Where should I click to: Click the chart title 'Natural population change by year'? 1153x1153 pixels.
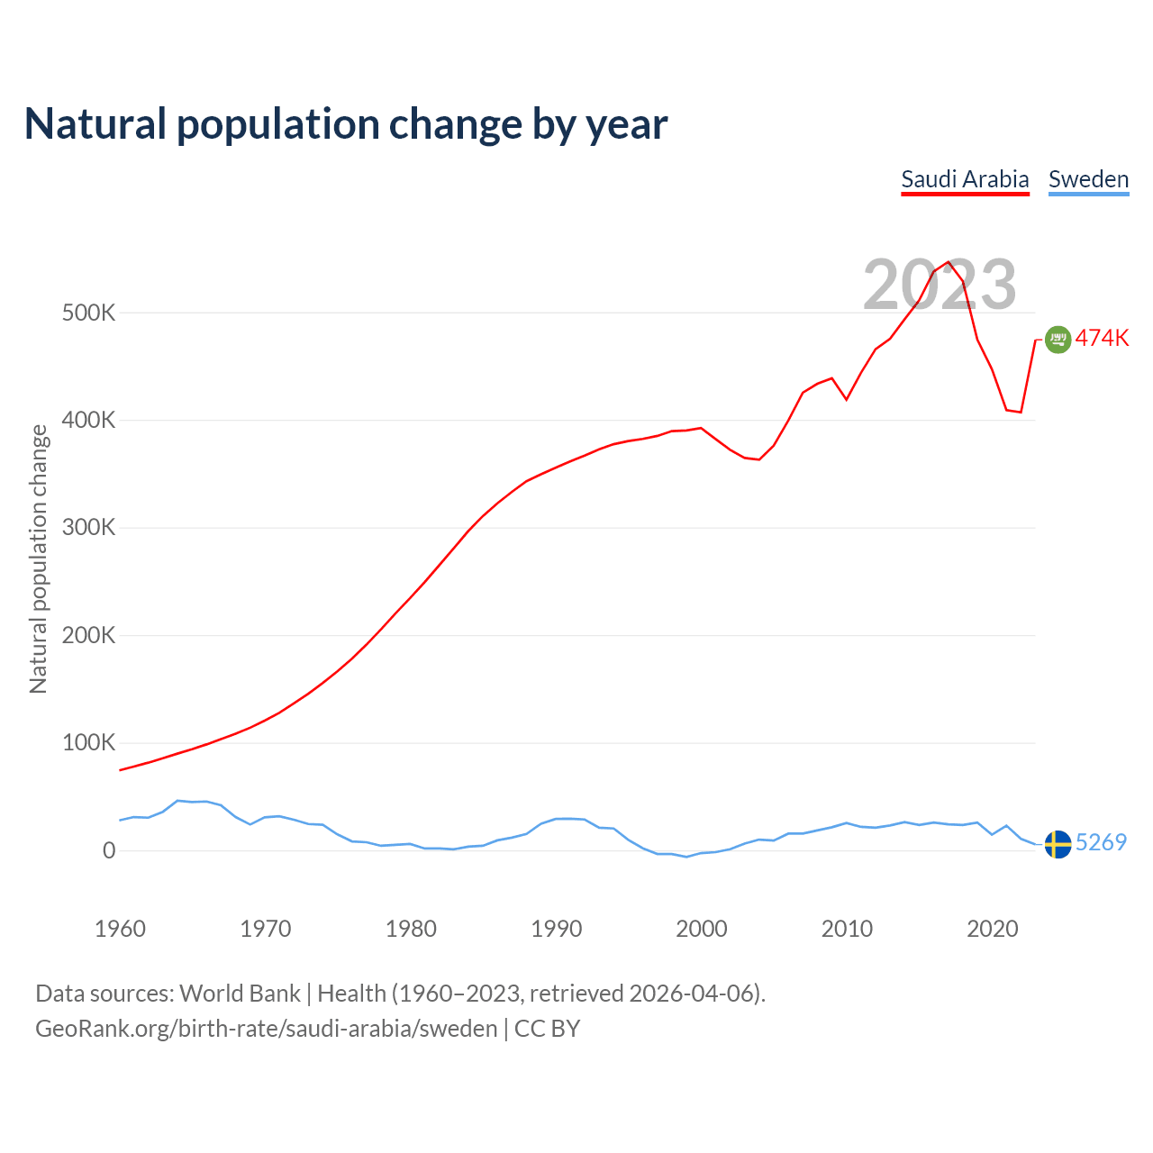346,124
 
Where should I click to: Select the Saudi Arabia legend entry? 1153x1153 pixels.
965,179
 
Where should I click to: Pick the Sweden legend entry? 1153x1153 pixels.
1088,179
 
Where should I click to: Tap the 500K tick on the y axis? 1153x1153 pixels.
88,313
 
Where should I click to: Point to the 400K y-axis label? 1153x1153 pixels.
88,421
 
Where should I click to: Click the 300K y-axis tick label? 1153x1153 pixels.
88,528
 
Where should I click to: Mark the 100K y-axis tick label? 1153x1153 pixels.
88,743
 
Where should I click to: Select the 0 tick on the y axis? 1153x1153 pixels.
109,850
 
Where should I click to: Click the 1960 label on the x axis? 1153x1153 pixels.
120,929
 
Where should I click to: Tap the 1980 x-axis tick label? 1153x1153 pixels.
411,929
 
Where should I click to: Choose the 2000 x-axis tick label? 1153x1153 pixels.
702,929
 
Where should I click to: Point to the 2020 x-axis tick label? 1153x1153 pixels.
992,929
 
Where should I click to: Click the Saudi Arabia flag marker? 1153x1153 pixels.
1058,340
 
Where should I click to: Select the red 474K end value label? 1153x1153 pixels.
1102,339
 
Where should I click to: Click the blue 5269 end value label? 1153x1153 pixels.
1101,843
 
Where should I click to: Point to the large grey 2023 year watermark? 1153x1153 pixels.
940,285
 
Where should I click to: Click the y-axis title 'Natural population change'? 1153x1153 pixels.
39,559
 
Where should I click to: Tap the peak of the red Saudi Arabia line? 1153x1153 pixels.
949,262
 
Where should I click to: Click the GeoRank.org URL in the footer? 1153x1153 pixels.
266,1029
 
